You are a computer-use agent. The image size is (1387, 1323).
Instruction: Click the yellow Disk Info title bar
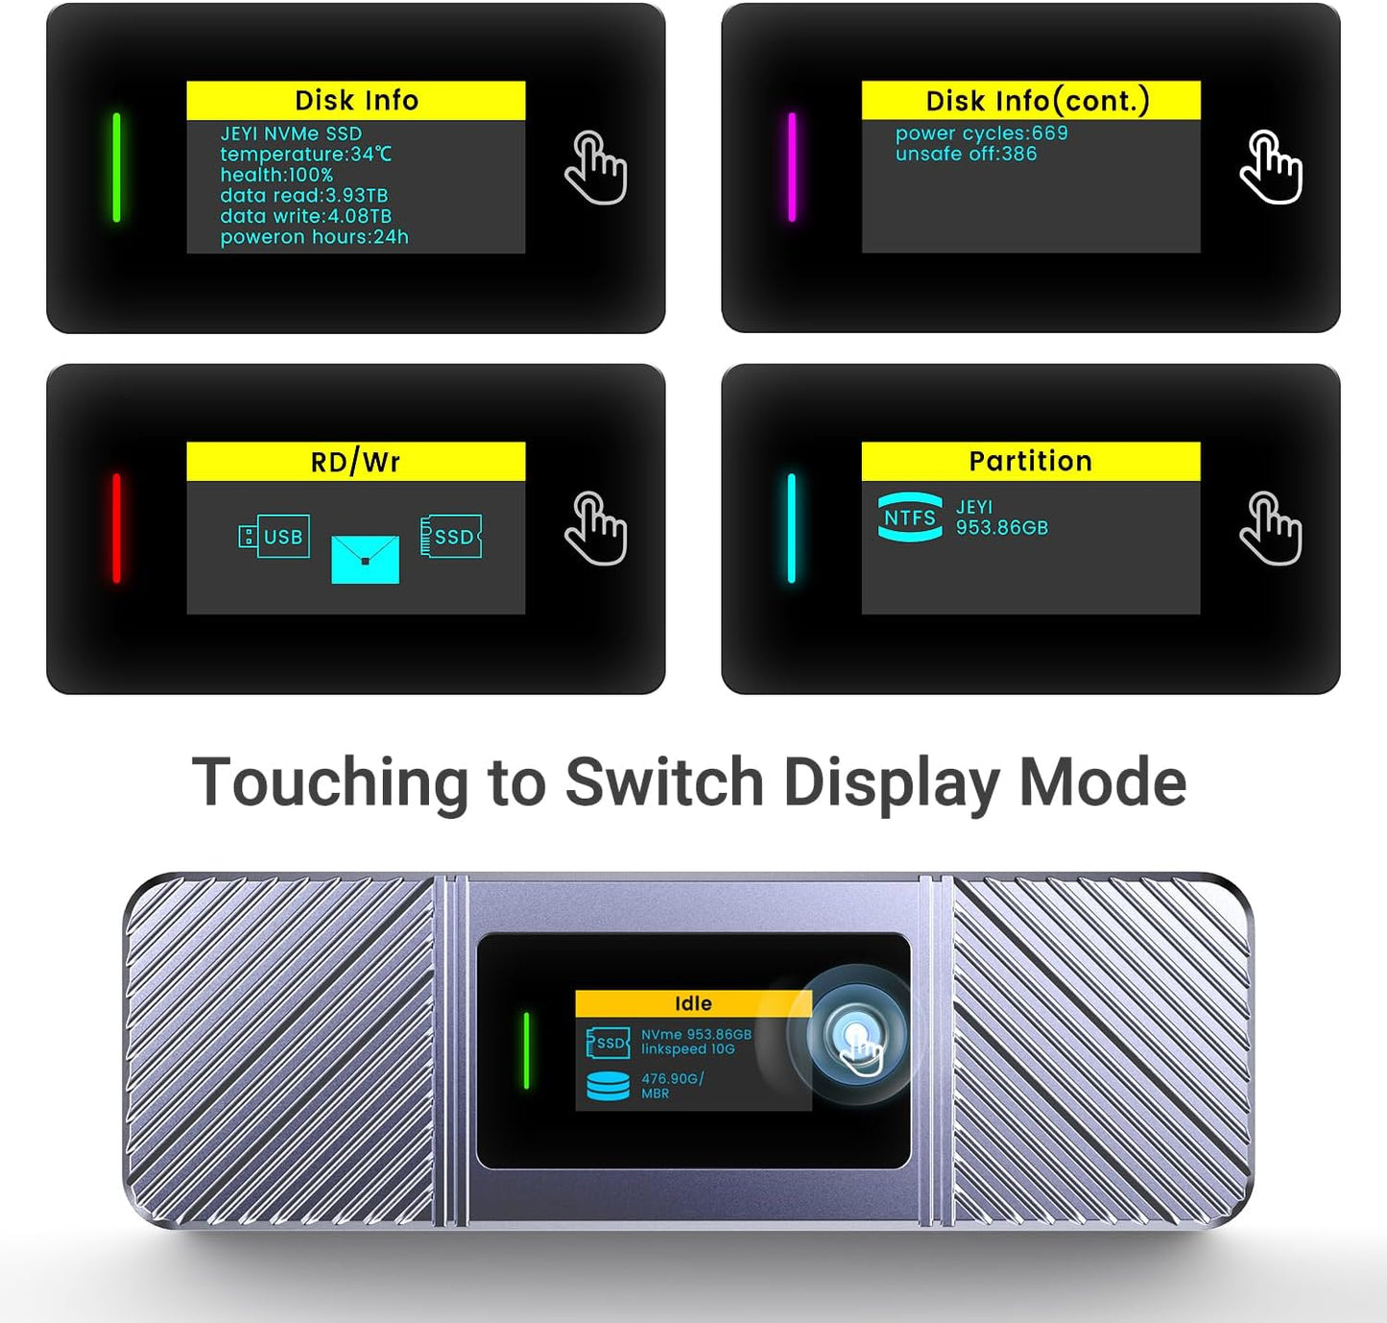[x=355, y=101]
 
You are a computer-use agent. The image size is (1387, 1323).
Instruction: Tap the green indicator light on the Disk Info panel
[x=117, y=167]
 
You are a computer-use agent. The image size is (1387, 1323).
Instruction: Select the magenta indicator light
[x=792, y=167]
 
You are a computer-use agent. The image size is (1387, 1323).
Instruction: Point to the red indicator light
[x=117, y=528]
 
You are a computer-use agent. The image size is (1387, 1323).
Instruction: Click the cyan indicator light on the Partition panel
[x=792, y=528]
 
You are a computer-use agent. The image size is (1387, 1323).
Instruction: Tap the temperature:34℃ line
[x=305, y=154]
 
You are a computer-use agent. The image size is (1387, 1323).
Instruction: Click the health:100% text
[x=276, y=175]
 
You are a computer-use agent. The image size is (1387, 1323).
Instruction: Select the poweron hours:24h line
[x=314, y=237]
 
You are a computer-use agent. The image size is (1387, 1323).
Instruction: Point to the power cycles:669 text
[x=981, y=133]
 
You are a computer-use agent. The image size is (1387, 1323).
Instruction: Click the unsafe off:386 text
[x=966, y=154]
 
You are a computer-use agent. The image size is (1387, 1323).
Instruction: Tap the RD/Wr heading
[x=355, y=462]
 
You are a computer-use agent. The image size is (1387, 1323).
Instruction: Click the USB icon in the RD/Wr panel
[x=275, y=537]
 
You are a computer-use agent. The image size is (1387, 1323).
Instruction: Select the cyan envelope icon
[x=365, y=560]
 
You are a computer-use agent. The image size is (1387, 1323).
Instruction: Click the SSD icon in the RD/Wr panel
[x=451, y=537]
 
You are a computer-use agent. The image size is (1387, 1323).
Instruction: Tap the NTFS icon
[x=910, y=517]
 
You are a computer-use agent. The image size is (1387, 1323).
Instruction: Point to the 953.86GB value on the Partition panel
[x=1001, y=528]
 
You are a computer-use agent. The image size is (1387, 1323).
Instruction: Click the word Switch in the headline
[x=664, y=782]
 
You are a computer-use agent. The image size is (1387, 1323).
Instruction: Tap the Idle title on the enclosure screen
[x=693, y=1004]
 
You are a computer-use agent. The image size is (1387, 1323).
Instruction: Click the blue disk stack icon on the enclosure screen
[x=609, y=1086]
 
